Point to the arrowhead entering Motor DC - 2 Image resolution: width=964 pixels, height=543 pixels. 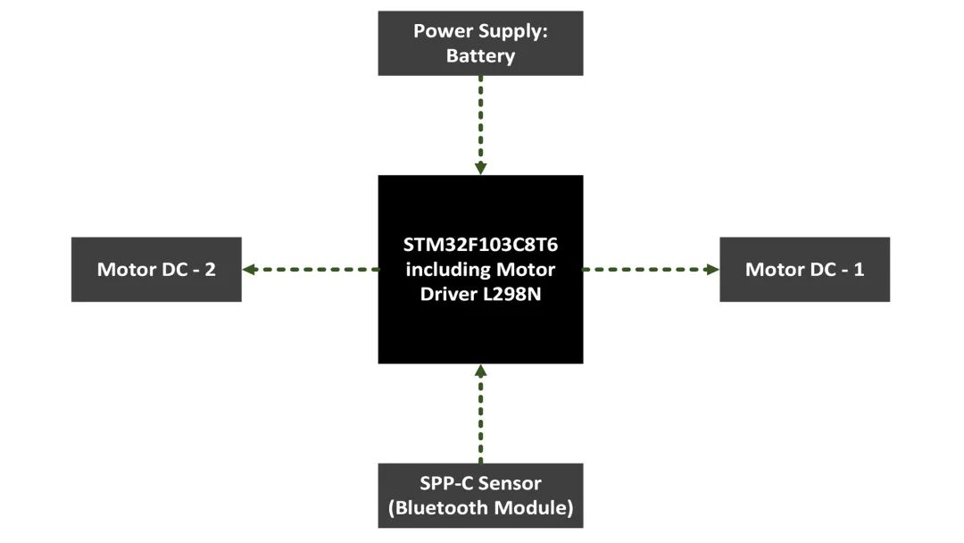point(249,269)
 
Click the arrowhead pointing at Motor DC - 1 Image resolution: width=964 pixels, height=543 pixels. point(712,269)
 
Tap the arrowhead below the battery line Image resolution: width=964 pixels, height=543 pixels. point(480,168)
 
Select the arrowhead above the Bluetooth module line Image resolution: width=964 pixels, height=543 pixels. point(480,371)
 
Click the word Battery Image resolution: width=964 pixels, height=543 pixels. point(480,56)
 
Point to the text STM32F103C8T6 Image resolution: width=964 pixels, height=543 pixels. point(480,245)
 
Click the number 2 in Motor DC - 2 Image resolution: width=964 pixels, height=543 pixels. point(210,270)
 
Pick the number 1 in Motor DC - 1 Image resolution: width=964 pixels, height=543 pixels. point(859,270)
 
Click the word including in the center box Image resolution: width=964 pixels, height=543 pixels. point(444,270)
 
